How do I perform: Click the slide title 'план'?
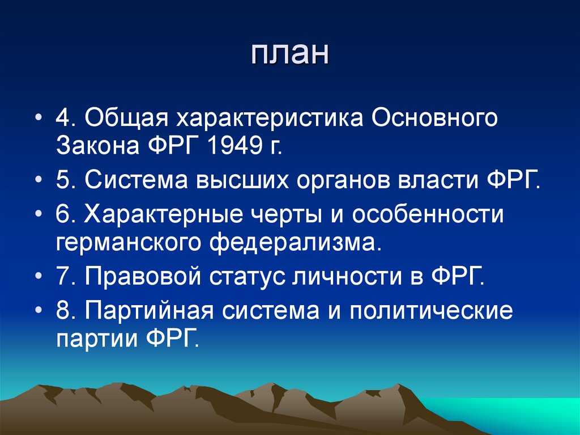pyautogui.click(x=289, y=56)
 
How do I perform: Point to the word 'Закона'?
pyautogui.click(x=100, y=147)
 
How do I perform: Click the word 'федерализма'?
pyautogui.click(x=295, y=244)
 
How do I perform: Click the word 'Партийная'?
pyautogui.click(x=148, y=312)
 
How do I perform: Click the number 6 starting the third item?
pyautogui.click(x=62, y=216)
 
